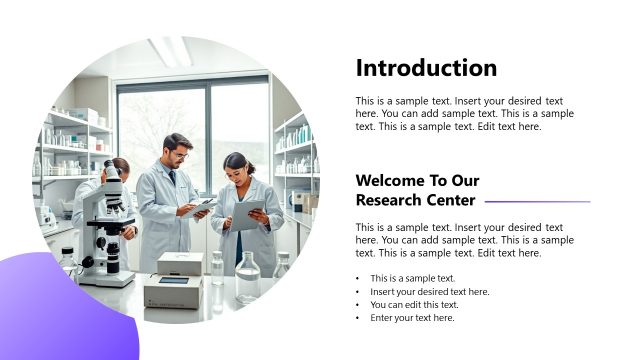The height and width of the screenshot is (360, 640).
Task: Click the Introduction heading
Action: click(x=426, y=68)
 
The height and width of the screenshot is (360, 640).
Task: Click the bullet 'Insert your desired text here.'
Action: click(x=429, y=291)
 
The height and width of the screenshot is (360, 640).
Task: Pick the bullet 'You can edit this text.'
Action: click(x=414, y=304)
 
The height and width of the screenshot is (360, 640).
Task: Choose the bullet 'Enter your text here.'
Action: click(x=412, y=317)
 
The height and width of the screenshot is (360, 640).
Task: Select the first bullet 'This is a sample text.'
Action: click(x=412, y=278)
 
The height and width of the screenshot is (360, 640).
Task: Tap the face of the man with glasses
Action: click(x=178, y=153)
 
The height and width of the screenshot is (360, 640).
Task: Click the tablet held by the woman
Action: click(x=247, y=213)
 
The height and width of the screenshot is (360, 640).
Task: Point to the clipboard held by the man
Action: click(x=201, y=206)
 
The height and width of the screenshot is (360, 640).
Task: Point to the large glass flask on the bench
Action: click(x=247, y=279)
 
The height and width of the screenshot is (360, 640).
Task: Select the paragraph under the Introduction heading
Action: click(x=464, y=114)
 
